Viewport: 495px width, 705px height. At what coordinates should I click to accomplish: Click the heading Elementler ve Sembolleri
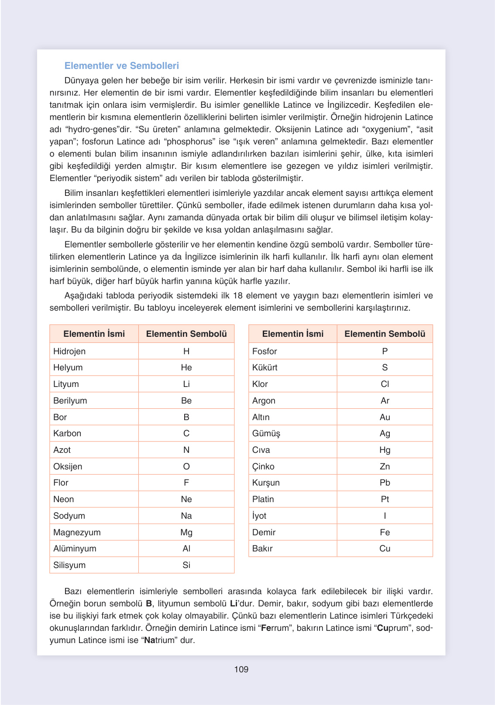coord(121,66)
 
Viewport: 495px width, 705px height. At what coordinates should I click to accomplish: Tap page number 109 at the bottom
coord(241,669)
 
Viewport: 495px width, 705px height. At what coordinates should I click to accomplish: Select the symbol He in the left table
coord(186,368)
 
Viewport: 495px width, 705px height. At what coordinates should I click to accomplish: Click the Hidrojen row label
coord(69,351)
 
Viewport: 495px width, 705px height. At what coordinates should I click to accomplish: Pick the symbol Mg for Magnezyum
coord(186,532)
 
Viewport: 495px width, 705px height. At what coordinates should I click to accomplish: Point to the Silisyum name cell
coord(69,565)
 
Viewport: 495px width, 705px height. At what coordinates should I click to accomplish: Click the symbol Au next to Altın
coord(385,417)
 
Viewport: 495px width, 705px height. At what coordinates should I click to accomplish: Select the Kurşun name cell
coord(266,483)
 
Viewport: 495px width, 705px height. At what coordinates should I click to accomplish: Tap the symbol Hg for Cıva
coord(385,450)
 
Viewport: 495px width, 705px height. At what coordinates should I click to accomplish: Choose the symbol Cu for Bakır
coord(385,548)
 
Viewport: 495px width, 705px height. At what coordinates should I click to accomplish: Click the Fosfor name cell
coord(265,351)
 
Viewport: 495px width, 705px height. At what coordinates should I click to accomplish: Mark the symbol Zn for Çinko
coord(385,466)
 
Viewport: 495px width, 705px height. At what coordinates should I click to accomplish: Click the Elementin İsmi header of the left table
coord(94,334)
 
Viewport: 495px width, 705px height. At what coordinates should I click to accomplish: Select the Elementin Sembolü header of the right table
coord(385,334)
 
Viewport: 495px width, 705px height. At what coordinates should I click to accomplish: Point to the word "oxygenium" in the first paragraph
coord(386,130)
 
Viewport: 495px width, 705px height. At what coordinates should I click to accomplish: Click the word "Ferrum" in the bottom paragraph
coord(275,628)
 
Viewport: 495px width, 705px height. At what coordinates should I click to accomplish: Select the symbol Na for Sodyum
coord(186,516)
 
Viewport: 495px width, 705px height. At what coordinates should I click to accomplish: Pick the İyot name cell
coord(259,516)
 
